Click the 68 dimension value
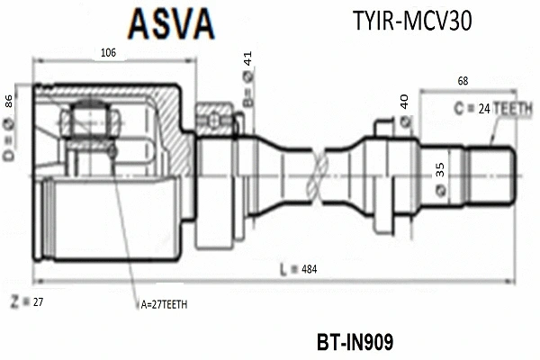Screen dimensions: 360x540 (463, 82)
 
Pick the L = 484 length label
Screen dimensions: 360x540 (299, 268)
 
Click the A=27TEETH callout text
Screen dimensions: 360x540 (164, 305)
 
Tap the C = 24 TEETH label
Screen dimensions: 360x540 (492, 107)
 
